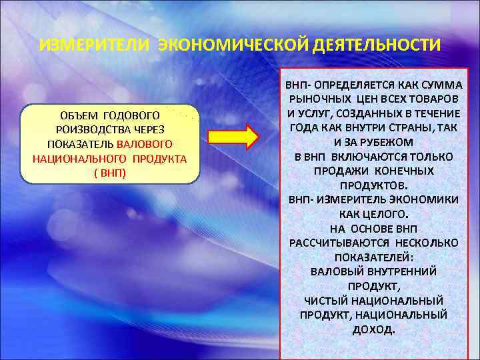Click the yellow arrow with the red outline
[x=233, y=136]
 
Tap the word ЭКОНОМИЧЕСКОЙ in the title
[x=223, y=45]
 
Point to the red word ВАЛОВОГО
[x=145, y=144]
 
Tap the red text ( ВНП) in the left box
[x=110, y=172]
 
